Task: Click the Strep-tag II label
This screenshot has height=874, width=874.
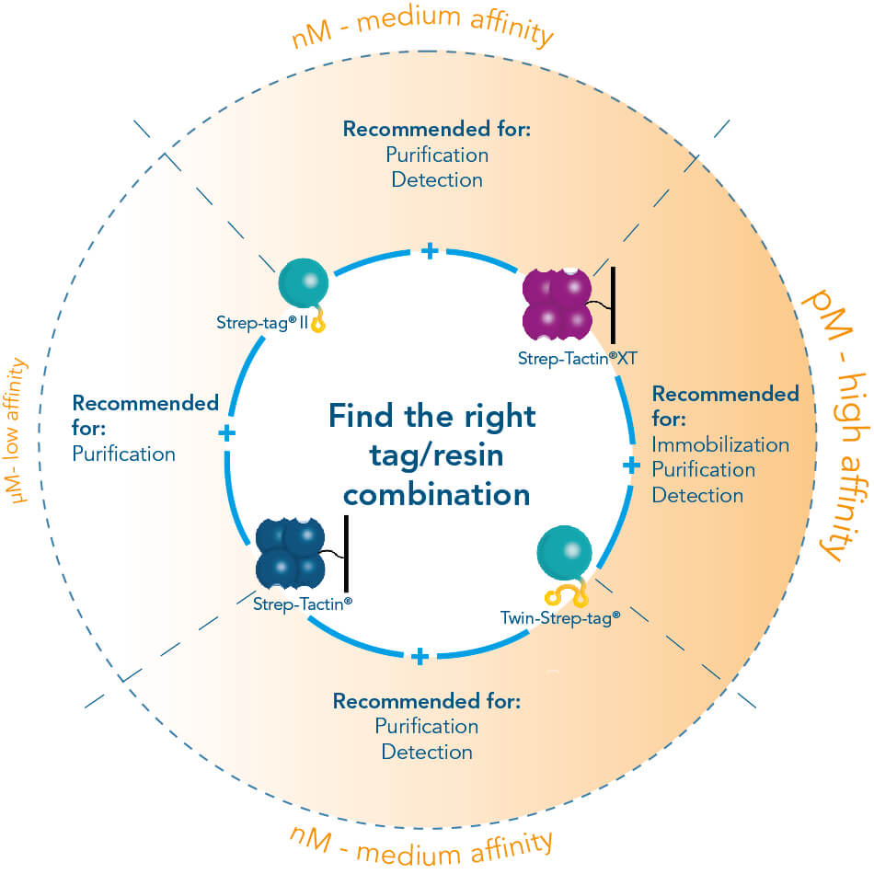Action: [x=261, y=323]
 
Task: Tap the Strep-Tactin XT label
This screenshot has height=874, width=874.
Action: [x=575, y=358]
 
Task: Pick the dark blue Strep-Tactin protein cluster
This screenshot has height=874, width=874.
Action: [x=290, y=554]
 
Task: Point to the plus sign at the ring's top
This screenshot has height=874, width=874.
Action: [x=429, y=250]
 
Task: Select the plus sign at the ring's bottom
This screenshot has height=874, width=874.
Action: [x=420, y=656]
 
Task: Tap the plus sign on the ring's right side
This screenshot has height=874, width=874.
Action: [x=631, y=466]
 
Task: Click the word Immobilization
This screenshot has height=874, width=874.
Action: [x=720, y=445]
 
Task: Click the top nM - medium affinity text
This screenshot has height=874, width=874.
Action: [x=422, y=29]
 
